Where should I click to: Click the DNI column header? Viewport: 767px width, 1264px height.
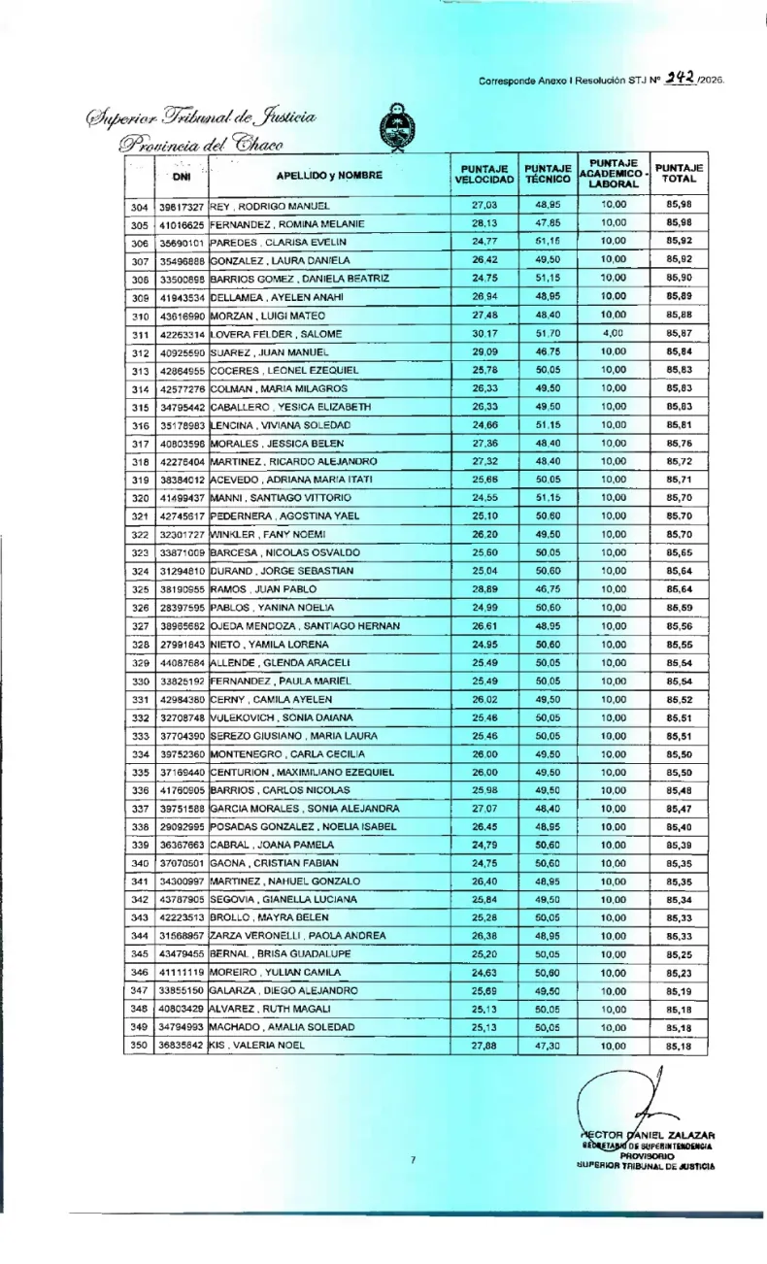point(182,176)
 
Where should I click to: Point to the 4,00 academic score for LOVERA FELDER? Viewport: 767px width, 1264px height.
point(610,334)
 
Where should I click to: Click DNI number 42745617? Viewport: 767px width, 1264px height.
point(182,516)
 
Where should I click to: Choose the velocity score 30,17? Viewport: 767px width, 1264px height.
point(484,334)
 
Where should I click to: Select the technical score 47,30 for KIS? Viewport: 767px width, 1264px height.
point(547,1045)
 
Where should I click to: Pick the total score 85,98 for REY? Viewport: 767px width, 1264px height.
point(680,206)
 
